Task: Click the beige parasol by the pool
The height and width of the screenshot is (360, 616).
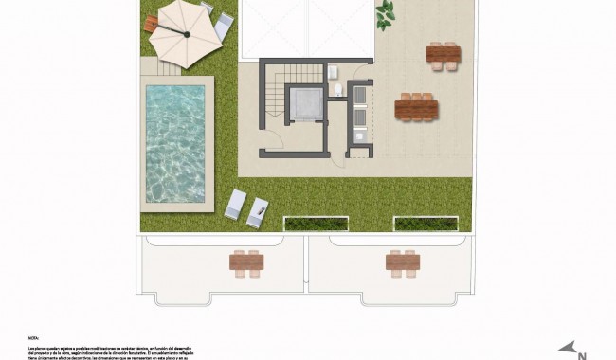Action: (188, 35)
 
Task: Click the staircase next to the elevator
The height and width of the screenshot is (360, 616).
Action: (274, 95)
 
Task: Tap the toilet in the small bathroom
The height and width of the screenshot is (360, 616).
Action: (337, 90)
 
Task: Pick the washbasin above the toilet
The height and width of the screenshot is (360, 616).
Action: (334, 69)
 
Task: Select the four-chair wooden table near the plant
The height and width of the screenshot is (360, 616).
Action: (443, 56)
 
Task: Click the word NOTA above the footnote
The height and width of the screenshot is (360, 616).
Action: (33, 335)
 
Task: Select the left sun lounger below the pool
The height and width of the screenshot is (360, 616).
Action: (236, 205)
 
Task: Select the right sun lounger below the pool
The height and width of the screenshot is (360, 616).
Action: (258, 210)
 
